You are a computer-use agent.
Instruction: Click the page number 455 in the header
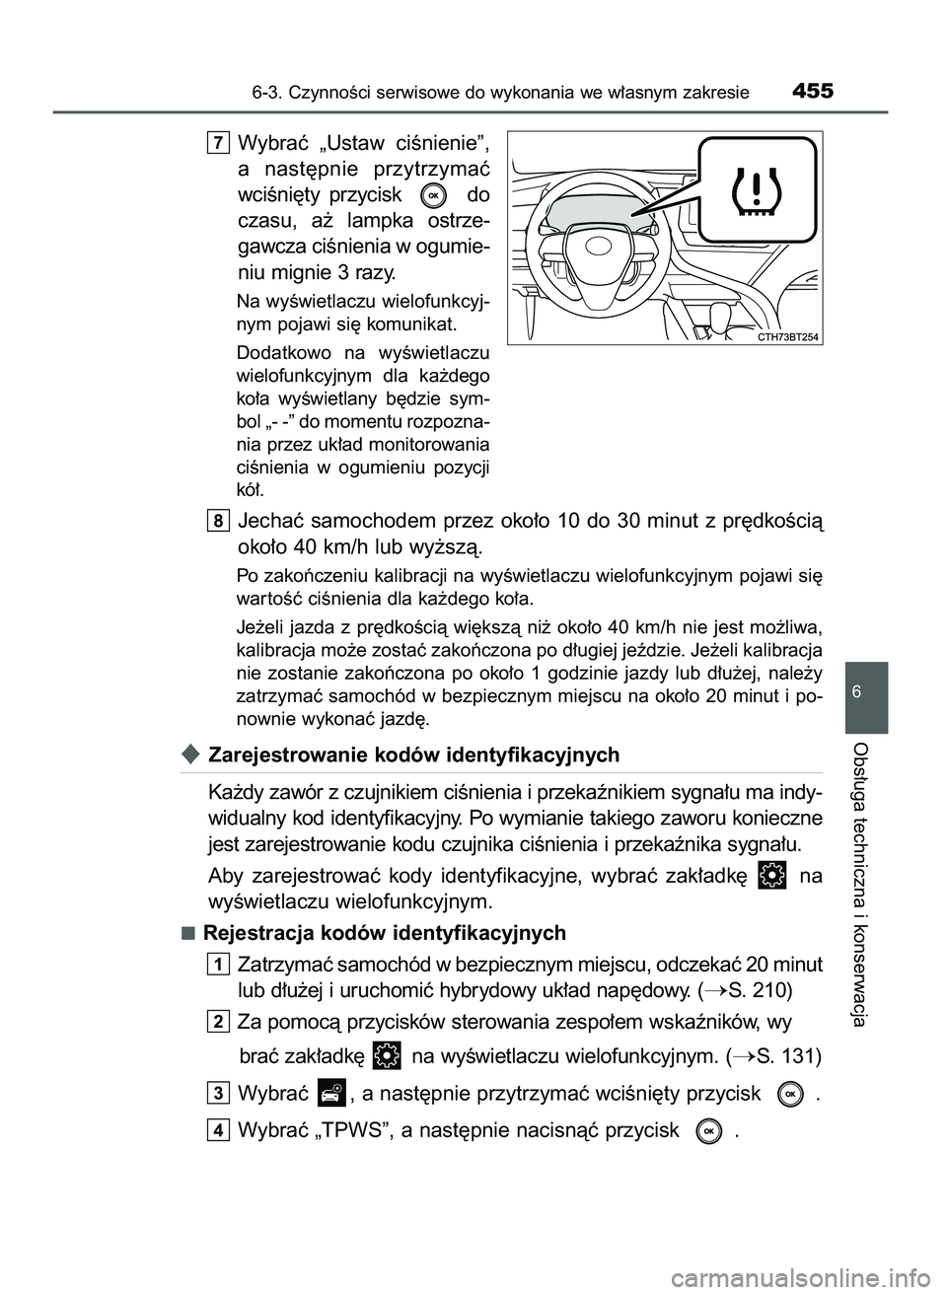pos(812,92)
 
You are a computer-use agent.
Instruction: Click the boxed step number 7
pos(219,145)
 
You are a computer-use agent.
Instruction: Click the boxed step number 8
pos(219,520)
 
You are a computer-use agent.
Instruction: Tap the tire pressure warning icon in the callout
pos(757,189)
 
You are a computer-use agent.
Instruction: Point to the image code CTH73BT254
pos(790,336)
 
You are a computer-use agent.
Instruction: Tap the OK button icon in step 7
pos(434,195)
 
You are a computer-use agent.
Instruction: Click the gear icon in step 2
pos(388,1055)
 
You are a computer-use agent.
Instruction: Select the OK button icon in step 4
pos(708,1131)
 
